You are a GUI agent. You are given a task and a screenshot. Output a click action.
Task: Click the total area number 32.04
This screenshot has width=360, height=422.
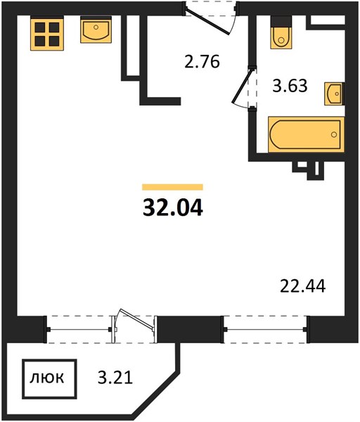tap(173, 209)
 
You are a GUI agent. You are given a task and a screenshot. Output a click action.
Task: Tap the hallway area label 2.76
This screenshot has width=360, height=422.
tap(202, 62)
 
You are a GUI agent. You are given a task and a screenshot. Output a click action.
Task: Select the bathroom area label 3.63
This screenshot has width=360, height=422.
tap(290, 86)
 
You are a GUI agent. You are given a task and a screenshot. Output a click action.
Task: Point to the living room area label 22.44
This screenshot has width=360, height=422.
tap(302, 286)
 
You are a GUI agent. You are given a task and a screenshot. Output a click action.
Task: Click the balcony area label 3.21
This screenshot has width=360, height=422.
tap(115, 378)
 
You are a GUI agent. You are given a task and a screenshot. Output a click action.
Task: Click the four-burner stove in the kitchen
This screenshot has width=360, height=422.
tap(47, 33)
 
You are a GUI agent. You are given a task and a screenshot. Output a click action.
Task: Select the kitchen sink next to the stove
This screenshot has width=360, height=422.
tap(96, 30)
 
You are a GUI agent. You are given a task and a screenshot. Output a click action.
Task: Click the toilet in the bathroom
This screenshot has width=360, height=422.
tap(281, 32)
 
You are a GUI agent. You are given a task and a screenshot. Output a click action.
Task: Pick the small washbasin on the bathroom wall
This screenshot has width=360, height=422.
tap(334, 94)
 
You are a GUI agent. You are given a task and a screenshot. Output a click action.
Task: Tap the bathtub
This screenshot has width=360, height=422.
tap(306, 134)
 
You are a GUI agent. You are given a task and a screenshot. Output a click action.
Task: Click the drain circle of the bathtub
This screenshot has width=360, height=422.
tap(334, 134)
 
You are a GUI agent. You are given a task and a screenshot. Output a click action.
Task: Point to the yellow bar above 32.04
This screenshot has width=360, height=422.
tap(172, 187)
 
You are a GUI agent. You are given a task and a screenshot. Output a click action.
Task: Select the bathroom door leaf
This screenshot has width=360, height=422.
tap(243, 85)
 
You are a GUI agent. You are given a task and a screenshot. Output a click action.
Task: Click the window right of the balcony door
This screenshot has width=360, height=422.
tap(265, 329)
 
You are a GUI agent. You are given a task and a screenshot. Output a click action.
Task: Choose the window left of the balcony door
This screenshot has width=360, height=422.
tap(79, 329)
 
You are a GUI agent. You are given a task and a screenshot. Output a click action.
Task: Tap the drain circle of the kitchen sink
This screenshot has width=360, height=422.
tap(96, 27)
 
